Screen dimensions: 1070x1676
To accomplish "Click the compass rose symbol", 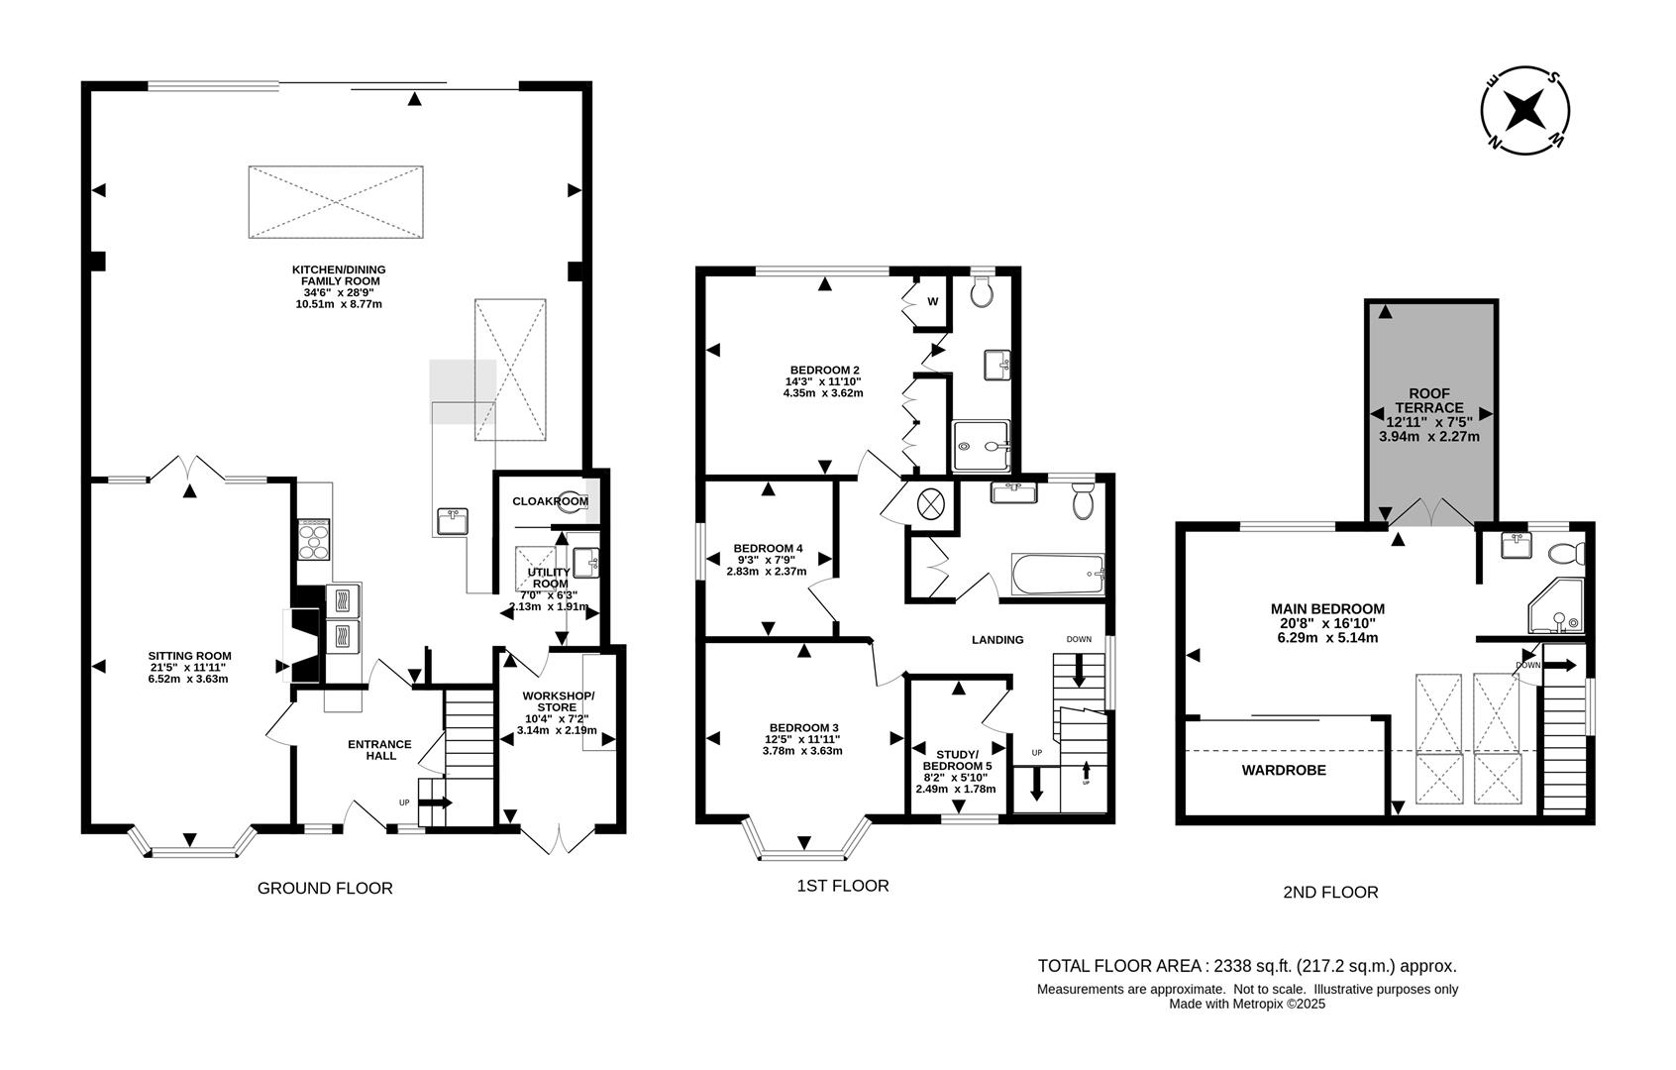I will (1525, 111).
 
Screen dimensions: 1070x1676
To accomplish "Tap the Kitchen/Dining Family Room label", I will (338, 275).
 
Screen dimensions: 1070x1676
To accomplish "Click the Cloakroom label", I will (549, 501).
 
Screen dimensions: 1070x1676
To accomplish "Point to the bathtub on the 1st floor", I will (1057, 575).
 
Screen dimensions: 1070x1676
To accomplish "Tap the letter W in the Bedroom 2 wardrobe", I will (932, 301).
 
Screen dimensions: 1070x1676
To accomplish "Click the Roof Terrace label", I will (1428, 399).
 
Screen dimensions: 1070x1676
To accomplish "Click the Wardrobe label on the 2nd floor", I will (1284, 770).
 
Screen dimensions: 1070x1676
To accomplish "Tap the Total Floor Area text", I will (1246, 966).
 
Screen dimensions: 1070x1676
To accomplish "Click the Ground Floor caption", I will (325, 889).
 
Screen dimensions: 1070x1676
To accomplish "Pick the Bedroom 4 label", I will (768, 548).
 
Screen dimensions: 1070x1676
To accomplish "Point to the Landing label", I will (996, 640).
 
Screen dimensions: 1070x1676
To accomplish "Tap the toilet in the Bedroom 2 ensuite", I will (982, 291).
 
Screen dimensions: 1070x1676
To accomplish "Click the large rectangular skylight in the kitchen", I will (336, 202).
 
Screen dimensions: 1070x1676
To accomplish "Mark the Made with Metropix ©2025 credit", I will (1246, 1004).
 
